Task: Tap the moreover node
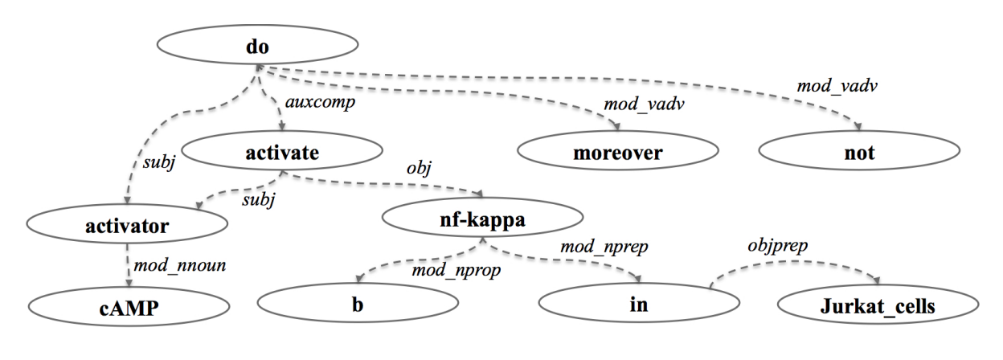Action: coord(616,152)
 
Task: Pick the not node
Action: coord(858,152)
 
